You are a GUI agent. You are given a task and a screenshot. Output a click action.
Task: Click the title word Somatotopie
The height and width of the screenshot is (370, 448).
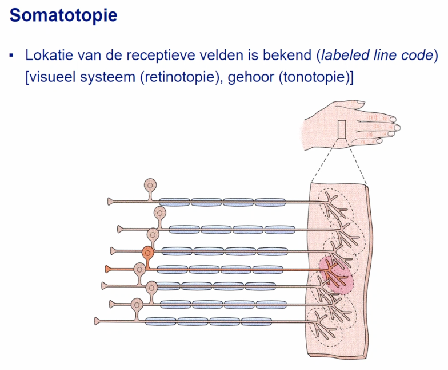coord(63,15)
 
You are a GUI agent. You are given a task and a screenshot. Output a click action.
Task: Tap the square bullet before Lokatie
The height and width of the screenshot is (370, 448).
coord(11,56)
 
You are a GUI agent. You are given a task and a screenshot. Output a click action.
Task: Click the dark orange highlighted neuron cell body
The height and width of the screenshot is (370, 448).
coord(148,252)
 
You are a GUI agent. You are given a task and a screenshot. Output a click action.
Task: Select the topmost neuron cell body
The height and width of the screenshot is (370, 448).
coord(150,185)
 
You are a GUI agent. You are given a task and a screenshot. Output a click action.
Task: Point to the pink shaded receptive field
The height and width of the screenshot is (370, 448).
coord(336,275)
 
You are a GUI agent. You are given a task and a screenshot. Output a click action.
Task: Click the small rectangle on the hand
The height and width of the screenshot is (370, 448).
coord(342,131)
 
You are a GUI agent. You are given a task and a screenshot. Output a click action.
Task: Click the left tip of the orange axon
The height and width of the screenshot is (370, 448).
coord(107,268)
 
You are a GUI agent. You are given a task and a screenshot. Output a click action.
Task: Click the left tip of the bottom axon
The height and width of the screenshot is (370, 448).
coord(96,321)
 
